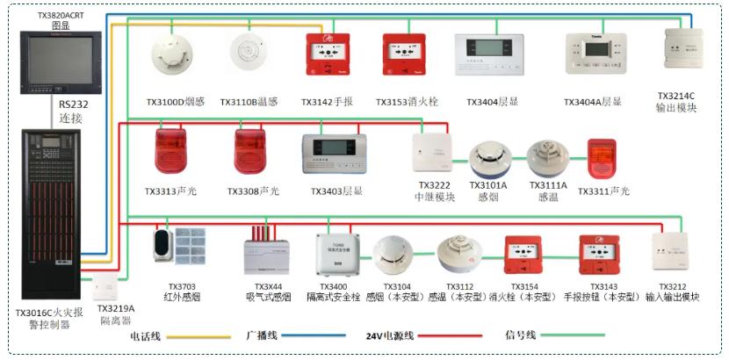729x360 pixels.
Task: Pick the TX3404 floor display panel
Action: [488, 54]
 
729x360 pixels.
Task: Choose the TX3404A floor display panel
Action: [593, 54]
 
